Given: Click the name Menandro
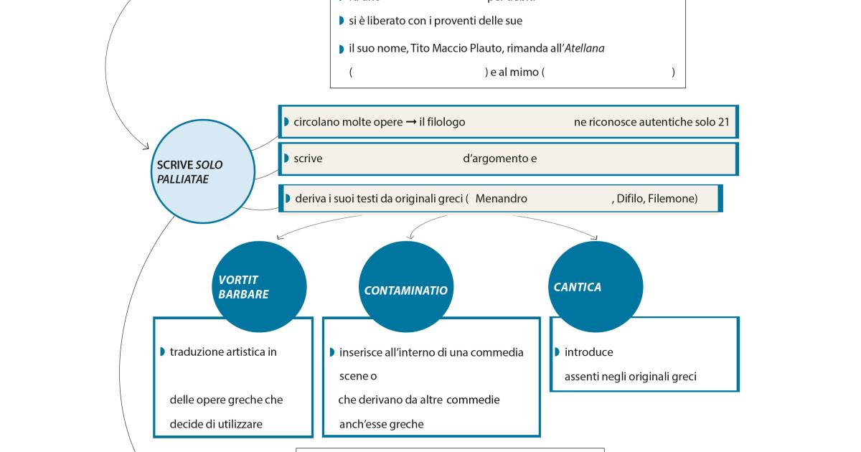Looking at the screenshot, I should pos(501,199).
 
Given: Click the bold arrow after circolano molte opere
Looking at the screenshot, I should pos(411,122).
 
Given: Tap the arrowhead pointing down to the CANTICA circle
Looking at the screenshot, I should pos(595,237).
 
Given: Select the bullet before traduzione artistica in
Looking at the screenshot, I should pos(163,352).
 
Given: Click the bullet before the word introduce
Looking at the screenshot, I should pos(557,352).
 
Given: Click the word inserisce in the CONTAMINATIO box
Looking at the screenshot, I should pos(362,352).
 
